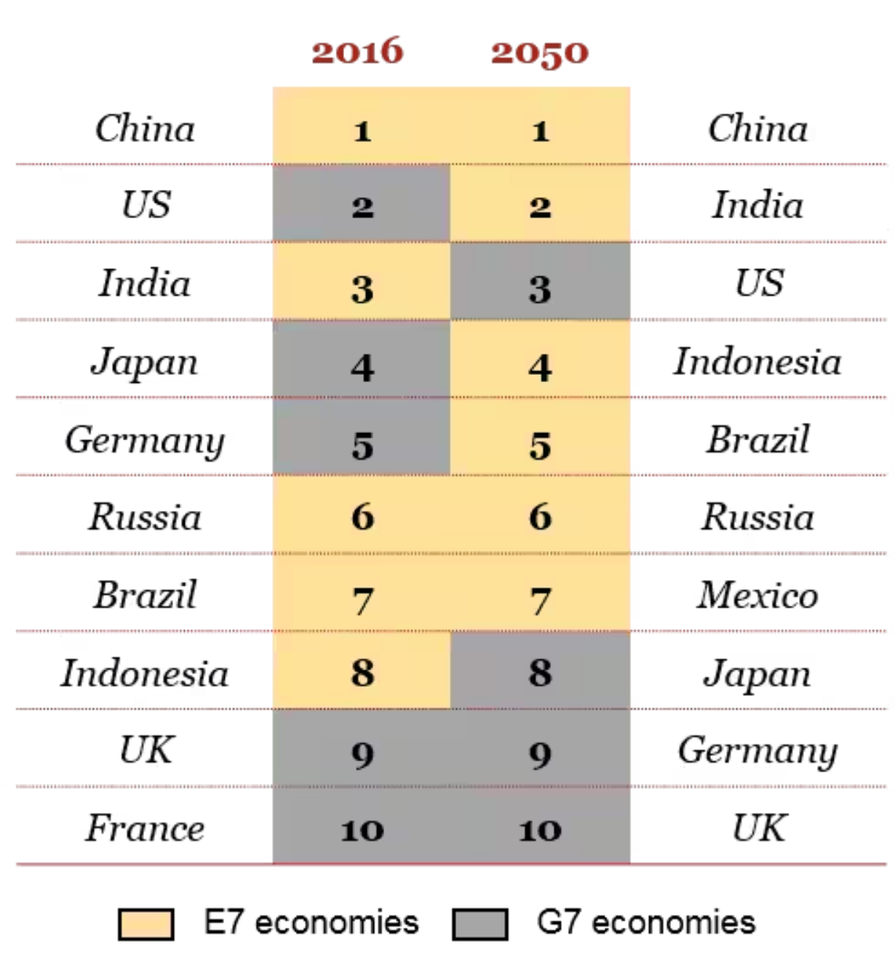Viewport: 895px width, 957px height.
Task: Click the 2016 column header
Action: tap(357, 52)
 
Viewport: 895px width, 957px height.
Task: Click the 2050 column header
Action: tap(539, 52)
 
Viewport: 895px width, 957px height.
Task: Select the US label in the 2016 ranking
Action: tap(146, 204)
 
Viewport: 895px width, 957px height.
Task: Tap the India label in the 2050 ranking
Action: tap(757, 204)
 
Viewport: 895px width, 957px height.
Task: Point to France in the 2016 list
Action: tap(145, 828)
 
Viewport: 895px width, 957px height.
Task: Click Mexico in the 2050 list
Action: tap(757, 595)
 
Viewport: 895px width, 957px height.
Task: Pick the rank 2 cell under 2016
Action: tap(362, 204)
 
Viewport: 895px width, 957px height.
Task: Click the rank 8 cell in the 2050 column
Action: tap(540, 672)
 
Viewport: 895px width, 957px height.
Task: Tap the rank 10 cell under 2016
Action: tap(362, 828)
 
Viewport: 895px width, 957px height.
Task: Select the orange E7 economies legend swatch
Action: tap(146, 924)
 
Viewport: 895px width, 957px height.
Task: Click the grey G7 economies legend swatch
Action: tap(480, 924)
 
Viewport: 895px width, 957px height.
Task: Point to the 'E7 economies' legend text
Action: tap(311, 923)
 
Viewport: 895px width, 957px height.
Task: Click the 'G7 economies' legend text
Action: tap(646, 923)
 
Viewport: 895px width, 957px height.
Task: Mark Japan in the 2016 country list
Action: tap(145, 362)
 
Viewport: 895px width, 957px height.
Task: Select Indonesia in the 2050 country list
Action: tap(757, 362)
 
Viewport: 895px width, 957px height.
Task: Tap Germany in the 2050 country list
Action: tap(757, 751)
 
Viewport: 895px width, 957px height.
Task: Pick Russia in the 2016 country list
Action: tap(145, 517)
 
